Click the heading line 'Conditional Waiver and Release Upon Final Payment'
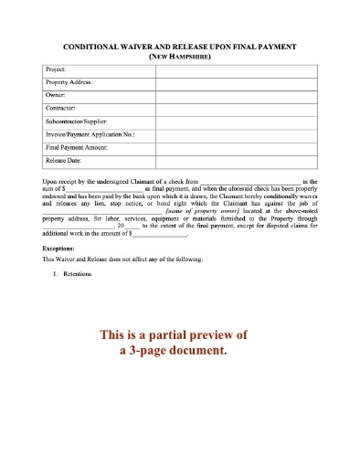point(179,46)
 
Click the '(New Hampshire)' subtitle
point(179,56)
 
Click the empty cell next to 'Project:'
point(236,70)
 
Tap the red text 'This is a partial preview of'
point(179,334)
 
